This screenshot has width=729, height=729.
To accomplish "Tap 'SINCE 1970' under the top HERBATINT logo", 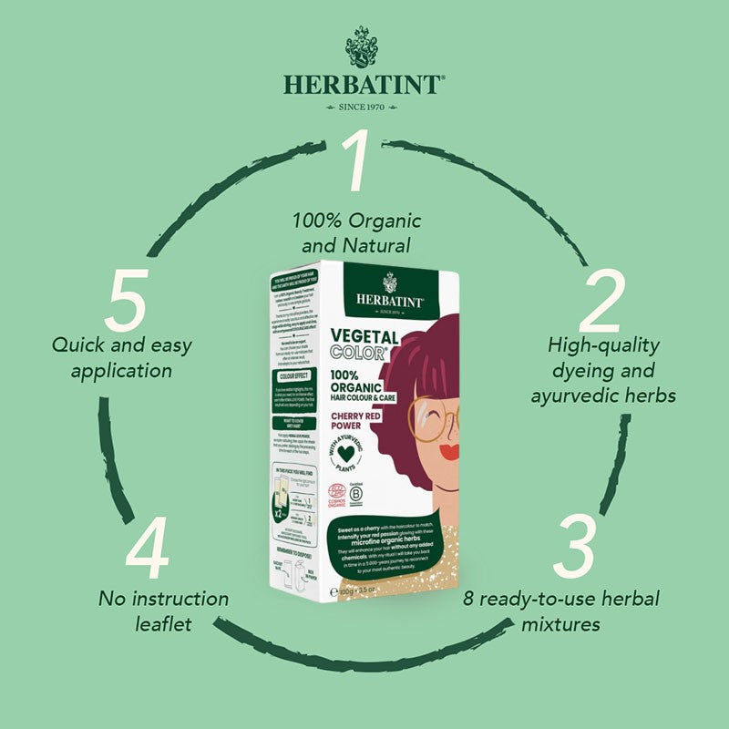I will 364,107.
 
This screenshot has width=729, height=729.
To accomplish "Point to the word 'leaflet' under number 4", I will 164,625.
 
